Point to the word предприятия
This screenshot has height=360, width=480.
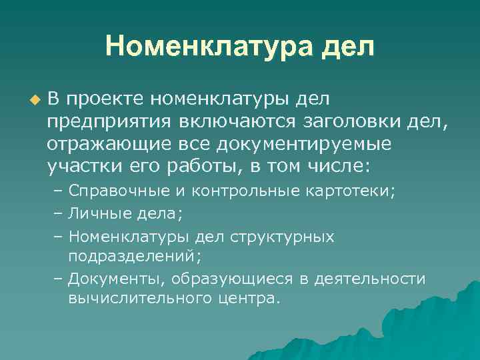(108, 121)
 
